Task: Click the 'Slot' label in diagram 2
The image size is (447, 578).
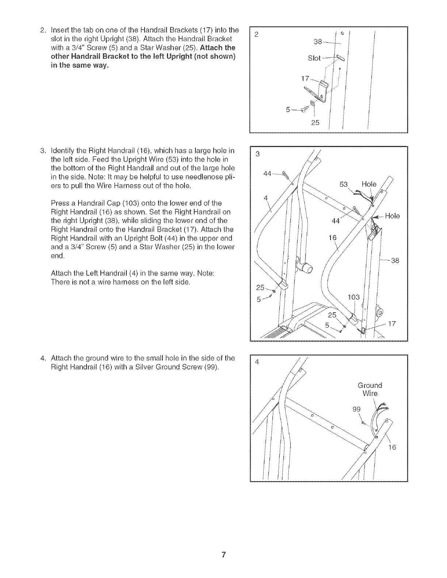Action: pyautogui.click(x=314, y=58)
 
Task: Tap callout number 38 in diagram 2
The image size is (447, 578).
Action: pyautogui.click(x=318, y=42)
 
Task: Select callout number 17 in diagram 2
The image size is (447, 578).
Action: pyautogui.click(x=304, y=78)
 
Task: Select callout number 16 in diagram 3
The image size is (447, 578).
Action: pyautogui.click(x=332, y=238)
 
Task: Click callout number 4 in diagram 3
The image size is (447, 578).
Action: pyautogui.click(x=266, y=198)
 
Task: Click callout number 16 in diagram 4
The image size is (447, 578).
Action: pyautogui.click(x=392, y=447)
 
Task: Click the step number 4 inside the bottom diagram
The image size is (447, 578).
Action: pyautogui.click(x=257, y=362)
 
